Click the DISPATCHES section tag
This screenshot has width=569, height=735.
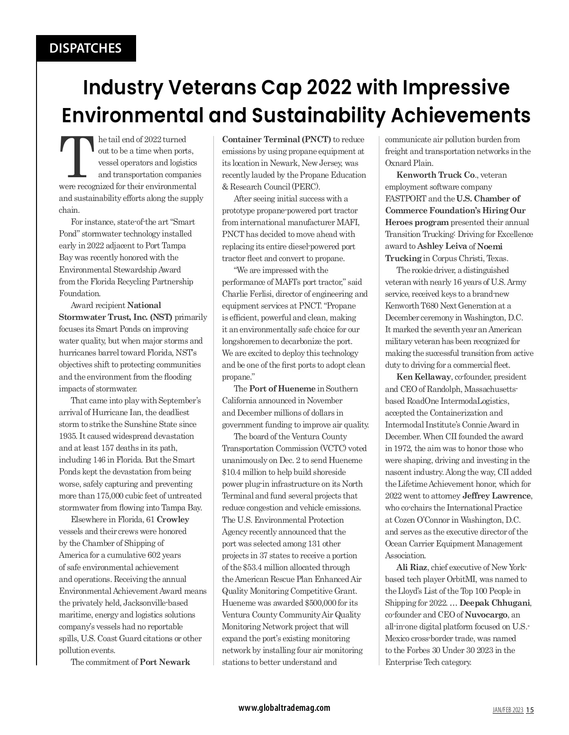point(86,48)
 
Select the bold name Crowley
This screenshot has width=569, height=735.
point(173,519)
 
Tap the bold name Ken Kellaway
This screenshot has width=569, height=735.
point(423,377)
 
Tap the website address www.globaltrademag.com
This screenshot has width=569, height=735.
point(284,708)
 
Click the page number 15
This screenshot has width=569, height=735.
point(530,710)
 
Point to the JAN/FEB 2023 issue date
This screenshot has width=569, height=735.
point(507,710)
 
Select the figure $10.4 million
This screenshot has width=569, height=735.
point(245,472)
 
